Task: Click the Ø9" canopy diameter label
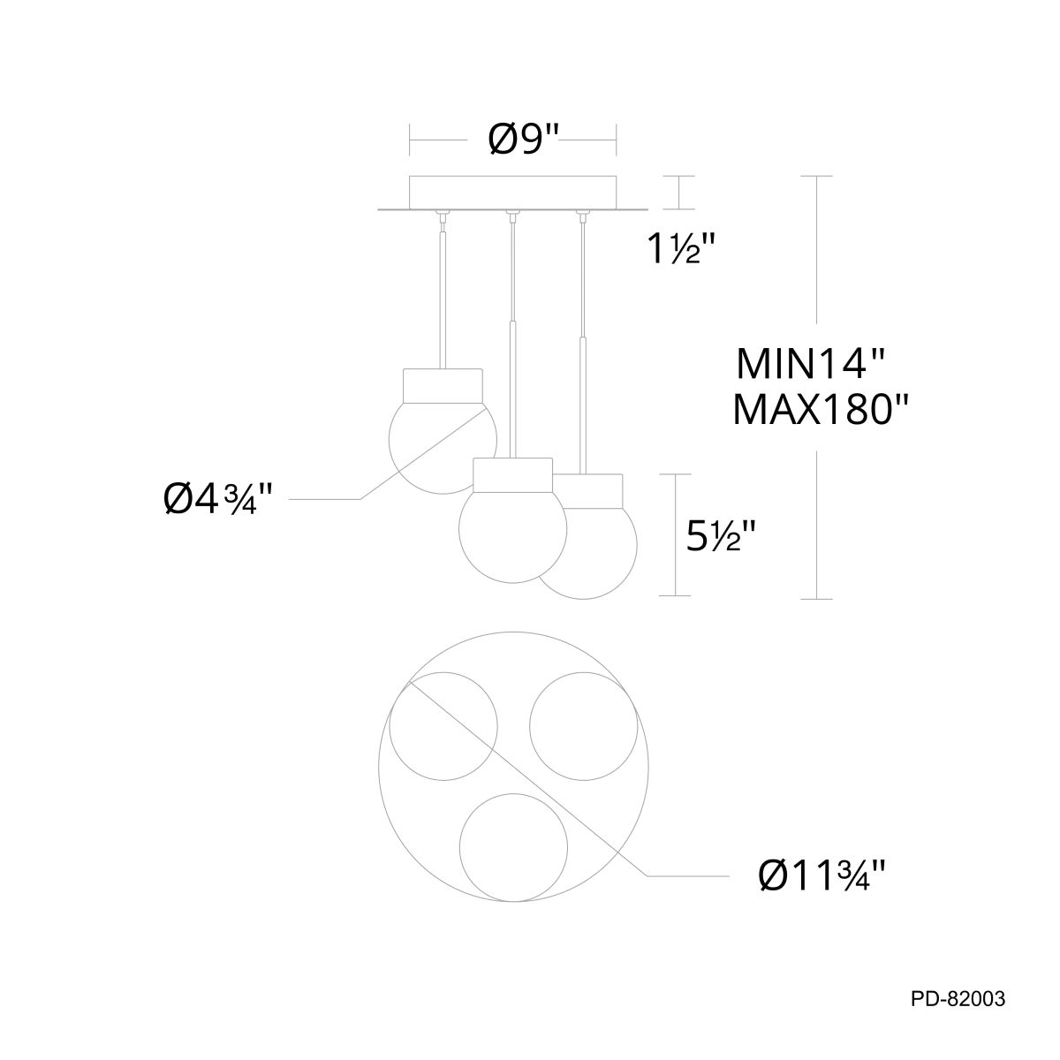tap(523, 140)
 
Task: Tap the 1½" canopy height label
tap(683, 248)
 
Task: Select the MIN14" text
tap(810, 364)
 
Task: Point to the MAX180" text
tap(820, 410)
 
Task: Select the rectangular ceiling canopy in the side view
tap(512, 193)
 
